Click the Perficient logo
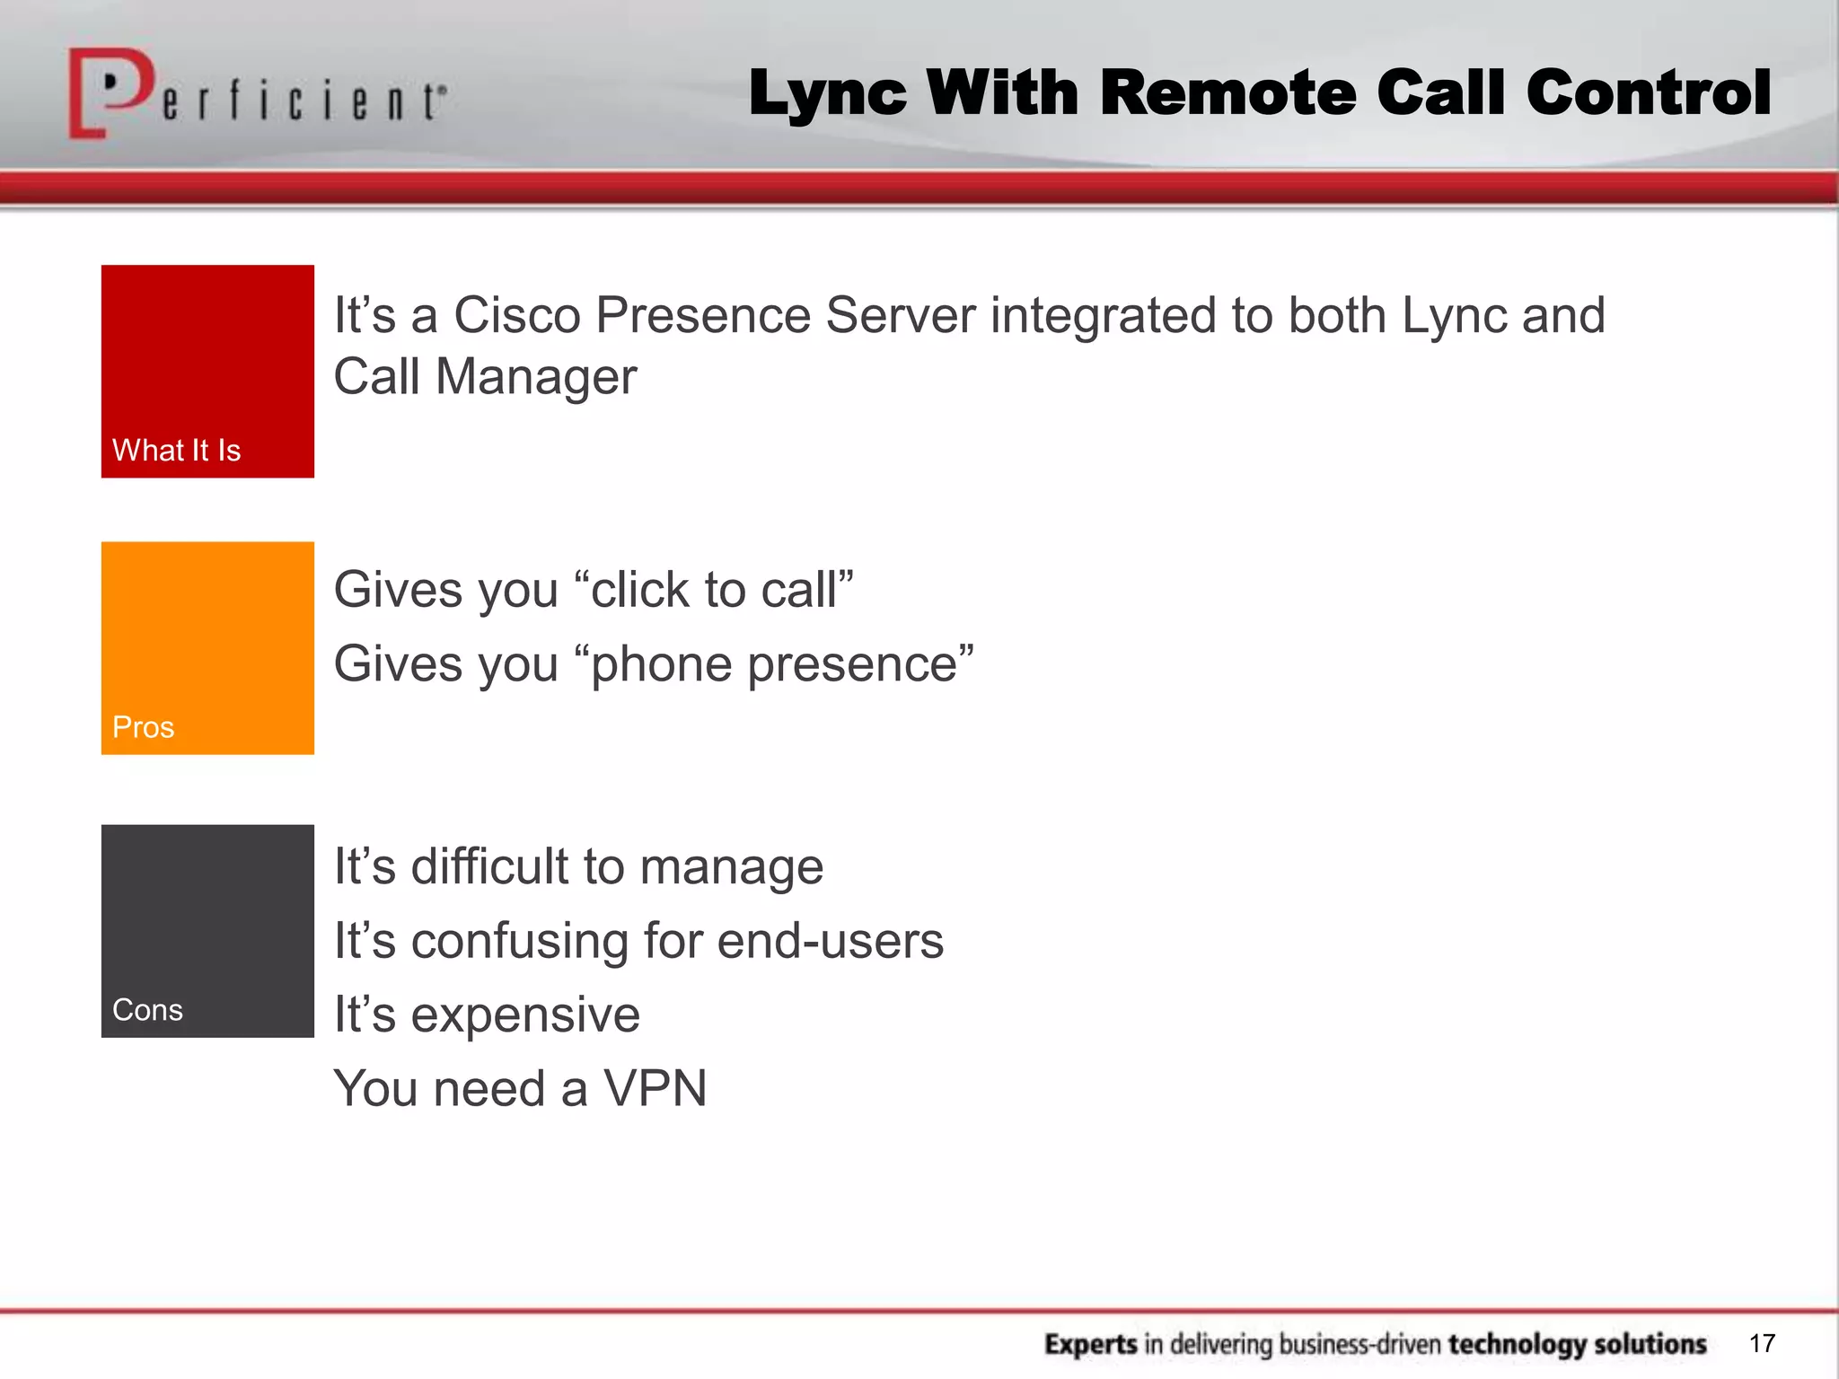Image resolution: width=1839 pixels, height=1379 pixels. (x=257, y=94)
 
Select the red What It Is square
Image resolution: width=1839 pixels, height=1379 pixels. (x=207, y=371)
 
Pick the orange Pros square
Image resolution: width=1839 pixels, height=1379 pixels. (x=207, y=647)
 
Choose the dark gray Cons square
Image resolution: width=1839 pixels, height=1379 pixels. (x=207, y=930)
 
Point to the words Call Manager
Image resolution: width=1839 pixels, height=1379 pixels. (x=485, y=376)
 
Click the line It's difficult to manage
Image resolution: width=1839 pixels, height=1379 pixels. (x=578, y=867)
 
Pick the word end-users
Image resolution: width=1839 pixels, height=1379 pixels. (x=831, y=941)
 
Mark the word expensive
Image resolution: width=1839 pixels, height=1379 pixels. (x=525, y=1015)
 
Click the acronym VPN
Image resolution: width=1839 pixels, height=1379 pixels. (x=655, y=1089)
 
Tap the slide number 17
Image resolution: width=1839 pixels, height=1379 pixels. (x=1762, y=1343)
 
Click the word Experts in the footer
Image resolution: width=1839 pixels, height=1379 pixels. (x=1091, y=1344)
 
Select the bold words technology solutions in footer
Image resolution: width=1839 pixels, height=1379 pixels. (x=1577, y=1344)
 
